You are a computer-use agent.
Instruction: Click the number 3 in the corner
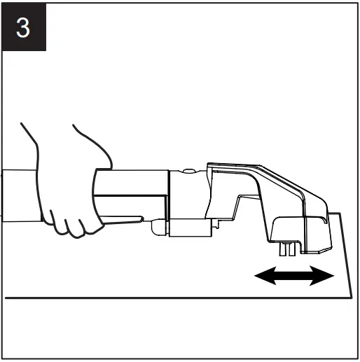(x=23, y=28)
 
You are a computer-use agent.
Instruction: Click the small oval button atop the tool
(x=189, y=171)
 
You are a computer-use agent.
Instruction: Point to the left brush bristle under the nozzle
(x=282, y=249)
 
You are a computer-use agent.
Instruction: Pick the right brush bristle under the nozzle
(x=292, y=249)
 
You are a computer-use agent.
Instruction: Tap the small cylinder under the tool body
(x=191, y=228)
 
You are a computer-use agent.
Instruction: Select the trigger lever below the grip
(x=122, y=220)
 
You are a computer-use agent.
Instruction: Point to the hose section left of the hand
(x=20, y=195)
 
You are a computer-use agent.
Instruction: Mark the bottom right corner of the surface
(x=352, y=298)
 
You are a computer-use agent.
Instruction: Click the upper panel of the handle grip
(x=132, y=182)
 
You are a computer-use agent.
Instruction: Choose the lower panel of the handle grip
(x=130, y=206)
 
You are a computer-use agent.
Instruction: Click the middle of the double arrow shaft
(x=294, y=276)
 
